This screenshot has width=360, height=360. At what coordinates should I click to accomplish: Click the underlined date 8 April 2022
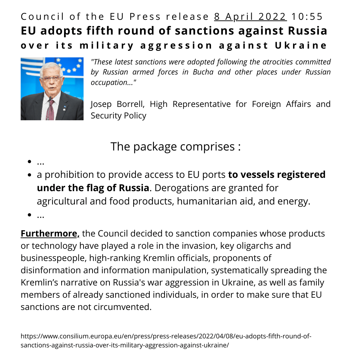tap(251, 17)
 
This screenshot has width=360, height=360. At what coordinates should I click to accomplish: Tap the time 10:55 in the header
tap(307, 17)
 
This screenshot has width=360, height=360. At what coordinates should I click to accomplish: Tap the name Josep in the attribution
tap(102, 104)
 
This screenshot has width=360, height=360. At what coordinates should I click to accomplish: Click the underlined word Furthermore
tap(50, 234)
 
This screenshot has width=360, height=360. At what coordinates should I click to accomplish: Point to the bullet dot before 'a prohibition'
tap(30, 175)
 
